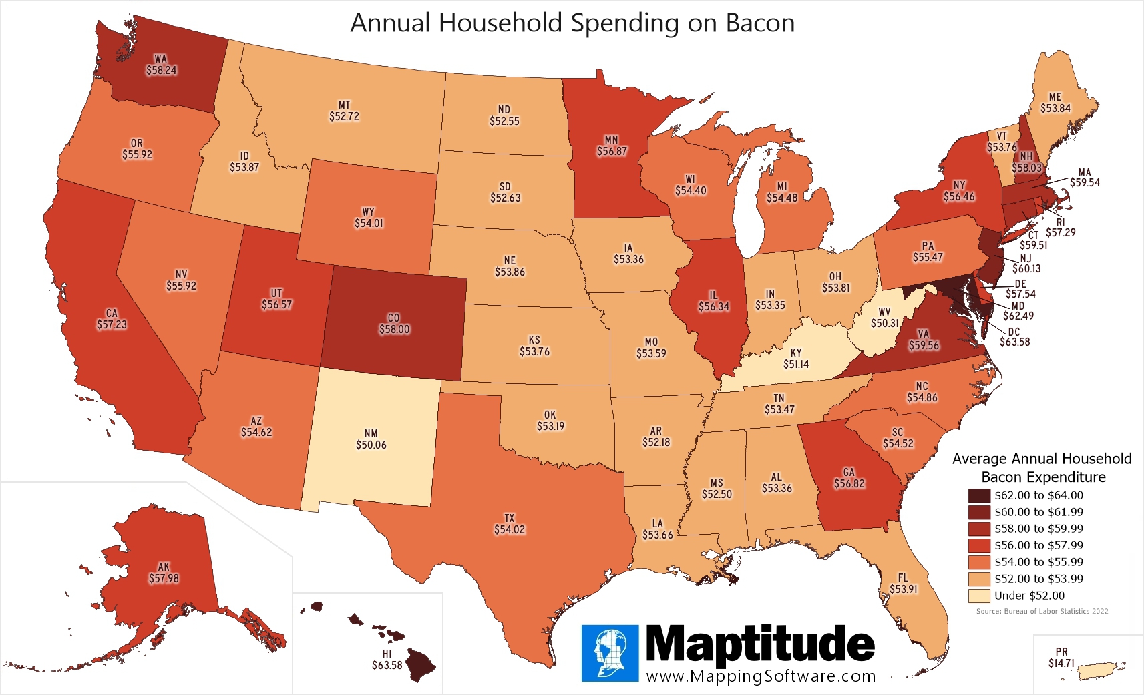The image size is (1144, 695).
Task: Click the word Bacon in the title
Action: pyautogui.click(x=759, y=23)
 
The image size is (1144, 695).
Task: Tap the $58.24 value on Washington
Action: pyautogui.click(x=162, y=71)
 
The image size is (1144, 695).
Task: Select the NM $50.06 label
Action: pyautogui.click(x=371, y=439)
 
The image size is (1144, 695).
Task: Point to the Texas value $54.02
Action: pyautogui.click(x=510, y=530)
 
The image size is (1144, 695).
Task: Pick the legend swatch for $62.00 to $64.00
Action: pyautogui.click(x=979, y=495)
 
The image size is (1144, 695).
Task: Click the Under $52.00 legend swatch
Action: pyautogui.click(x=979, y=596)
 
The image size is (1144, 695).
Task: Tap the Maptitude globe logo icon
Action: pyautogui.click(x=610, y=653)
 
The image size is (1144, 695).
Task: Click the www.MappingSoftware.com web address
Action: pyautogui.click(x=761, y=676)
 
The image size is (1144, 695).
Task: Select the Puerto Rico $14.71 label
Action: pyautogui.click(x=1061, y=658)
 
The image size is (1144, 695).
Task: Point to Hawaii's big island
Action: pyautogui.click(x=421, y=664)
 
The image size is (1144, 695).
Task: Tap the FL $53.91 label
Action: pyautogui.click(x=903, y=584)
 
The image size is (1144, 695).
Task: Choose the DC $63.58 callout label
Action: pyautogui.click(x=1014, y=337)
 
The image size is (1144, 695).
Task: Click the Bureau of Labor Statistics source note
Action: pyautogui.click(x=1042, y=611)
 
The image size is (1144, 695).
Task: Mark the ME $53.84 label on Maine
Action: pyautogui.click(x=1055, y=103)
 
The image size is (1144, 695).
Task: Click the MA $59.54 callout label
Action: pyautogui.click(x=1084, y=178)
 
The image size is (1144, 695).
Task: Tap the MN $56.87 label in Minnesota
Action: pyautogui.click(x=612, y=146)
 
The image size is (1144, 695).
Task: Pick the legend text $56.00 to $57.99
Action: pyautogui.click(x=1038, y=545)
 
